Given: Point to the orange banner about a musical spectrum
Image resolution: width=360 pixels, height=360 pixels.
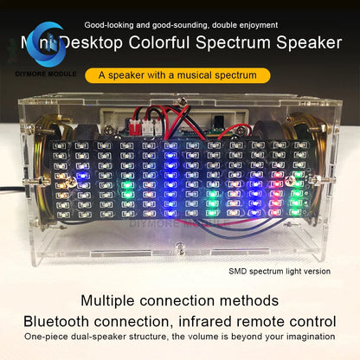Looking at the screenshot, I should click(180, 75).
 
